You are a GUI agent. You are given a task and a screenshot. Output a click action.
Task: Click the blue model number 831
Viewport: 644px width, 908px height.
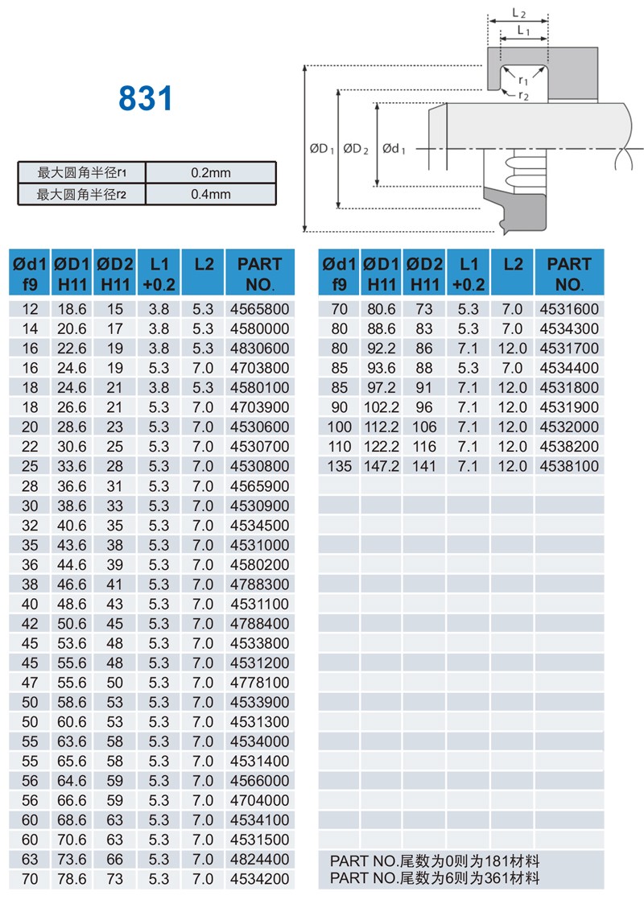click(146, 98)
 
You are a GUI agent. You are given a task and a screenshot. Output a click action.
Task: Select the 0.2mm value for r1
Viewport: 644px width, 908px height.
click(211, 172)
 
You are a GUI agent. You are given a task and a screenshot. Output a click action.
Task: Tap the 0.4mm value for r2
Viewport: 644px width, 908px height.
click(211, 194)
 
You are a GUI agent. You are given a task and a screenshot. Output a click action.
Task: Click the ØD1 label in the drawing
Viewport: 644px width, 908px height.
click(321, 148)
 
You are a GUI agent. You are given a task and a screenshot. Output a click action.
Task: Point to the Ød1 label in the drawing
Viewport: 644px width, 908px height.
click(394, 148)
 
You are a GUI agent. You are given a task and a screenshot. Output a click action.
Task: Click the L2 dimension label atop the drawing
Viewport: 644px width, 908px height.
click(519, 13)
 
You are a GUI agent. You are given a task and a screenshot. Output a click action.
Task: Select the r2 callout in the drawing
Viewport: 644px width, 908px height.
click(523, 96)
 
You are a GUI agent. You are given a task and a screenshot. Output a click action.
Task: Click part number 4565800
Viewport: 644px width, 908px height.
click(259, 309)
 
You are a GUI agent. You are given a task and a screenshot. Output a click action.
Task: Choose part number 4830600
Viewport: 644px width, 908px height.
click(259, 349)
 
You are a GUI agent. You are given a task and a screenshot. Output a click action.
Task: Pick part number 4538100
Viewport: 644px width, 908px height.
click(569, 466)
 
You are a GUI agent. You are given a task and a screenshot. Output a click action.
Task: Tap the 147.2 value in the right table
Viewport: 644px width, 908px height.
click(382, 466)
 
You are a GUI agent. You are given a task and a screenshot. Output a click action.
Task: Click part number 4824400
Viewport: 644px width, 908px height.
click(259, 860)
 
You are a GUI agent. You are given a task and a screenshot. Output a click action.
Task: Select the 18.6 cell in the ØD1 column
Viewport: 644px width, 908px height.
click(72, 309)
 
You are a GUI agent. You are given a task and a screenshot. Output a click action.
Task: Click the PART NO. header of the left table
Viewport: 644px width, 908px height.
click(259, 274)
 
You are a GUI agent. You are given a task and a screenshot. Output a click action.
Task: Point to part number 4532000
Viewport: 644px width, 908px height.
click(569, 427)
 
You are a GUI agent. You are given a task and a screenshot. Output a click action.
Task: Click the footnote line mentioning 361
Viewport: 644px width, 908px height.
click(435, 877)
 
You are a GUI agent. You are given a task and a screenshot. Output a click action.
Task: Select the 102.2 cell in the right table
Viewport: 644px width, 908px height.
click(382, 407)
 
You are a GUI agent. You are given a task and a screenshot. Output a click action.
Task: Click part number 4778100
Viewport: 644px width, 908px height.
click(259, 683)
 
